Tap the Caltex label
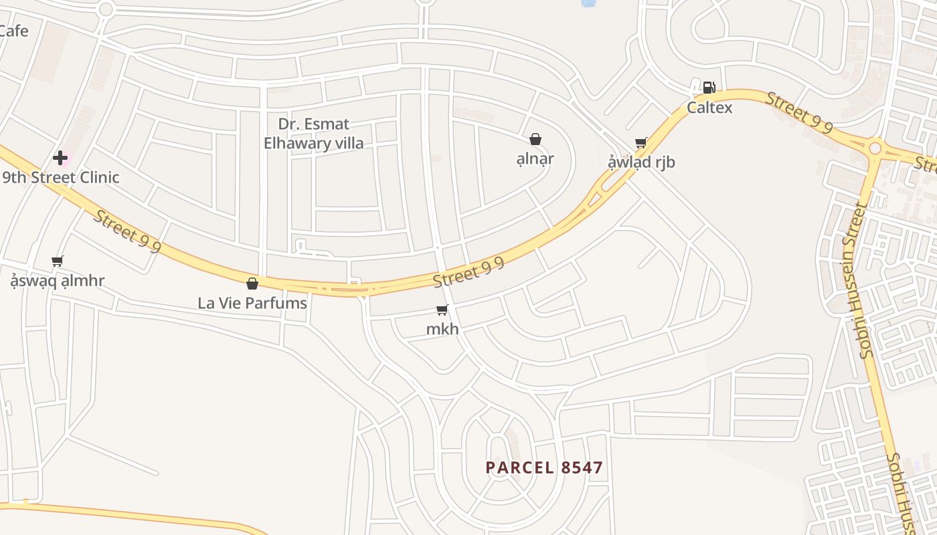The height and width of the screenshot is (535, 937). [x=709, y=108]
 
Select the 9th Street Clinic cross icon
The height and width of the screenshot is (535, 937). [x=60, y=158]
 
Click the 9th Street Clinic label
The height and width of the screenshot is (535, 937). [x=61, y=177]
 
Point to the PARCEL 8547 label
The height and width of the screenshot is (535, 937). [x=544, y=467]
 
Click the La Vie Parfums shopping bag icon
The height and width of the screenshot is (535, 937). [x=252, y=284]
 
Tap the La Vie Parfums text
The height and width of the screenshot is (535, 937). [x=252, y=303]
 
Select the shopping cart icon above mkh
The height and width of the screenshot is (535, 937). [x=442, y=310]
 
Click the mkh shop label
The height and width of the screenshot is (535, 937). [x=442, y=329]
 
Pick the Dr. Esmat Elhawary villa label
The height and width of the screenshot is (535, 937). [x=314, y=133]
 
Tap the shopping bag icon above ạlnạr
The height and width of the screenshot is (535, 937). [x=535, y=139]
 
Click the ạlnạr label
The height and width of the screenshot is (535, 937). [x=535, y=158]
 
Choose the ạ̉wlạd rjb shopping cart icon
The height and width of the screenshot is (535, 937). [x=641, y=142]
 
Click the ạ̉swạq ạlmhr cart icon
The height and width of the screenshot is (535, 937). [x=58, y=261]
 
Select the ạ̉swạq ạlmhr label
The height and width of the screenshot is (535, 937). [x=58, y=280]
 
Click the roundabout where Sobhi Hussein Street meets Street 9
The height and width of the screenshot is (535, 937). [x=874, y=147]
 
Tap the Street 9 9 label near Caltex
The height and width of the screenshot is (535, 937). [x=799, y=112]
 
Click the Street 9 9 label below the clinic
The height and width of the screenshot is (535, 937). [x=127, y=231]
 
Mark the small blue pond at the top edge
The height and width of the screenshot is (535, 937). [x=588, y=3]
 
